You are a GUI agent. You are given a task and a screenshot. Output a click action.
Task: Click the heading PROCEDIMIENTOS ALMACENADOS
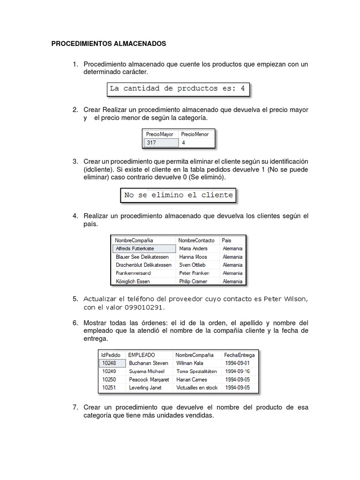108,44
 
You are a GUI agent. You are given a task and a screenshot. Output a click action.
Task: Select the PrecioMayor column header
159,134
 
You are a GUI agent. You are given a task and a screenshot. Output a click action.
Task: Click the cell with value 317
160,143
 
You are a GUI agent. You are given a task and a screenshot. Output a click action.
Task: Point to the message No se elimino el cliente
178,195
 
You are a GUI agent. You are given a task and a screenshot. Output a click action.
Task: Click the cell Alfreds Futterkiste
135,248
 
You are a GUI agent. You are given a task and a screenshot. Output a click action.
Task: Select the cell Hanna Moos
193,257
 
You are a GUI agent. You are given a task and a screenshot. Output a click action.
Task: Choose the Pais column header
226,240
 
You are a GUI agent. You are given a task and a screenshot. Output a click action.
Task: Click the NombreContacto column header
196,240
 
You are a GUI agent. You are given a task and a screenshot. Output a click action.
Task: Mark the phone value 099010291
145,307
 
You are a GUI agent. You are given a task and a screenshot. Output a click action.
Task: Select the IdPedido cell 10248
109,363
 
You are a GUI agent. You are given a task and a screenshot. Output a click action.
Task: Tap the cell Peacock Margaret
149,380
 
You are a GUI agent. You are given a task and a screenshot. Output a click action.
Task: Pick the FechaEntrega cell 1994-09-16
237,371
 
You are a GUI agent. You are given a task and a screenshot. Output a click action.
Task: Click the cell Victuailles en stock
197,388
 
